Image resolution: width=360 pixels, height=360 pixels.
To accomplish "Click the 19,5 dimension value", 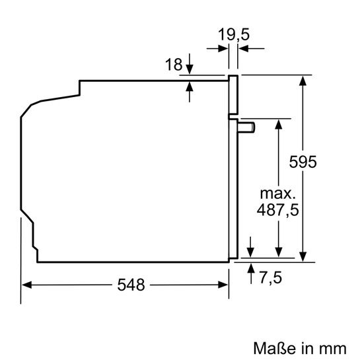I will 234,34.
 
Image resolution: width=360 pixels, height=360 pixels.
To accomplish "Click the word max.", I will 277,194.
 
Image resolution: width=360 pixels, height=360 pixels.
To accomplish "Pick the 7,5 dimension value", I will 270,277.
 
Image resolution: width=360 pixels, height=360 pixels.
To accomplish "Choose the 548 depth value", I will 131,285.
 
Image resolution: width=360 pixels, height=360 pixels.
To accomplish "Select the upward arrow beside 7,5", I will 252,268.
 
